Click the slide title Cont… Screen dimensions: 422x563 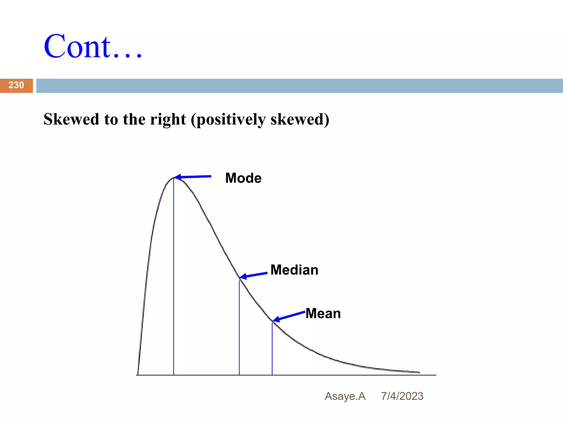[93, 47]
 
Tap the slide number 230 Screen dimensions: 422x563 [16, 85]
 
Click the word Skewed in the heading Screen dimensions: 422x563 [71, 120]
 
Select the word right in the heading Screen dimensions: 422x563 [168, 120]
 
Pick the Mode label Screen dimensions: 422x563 [243, 178]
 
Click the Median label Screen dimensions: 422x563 [294, 270]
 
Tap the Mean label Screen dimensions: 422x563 [323, 313]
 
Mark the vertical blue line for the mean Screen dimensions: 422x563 [272, 349]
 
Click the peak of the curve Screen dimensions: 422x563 [173, 178]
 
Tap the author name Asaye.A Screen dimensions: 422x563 [345, 396]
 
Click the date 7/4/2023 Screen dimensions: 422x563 [402, 396]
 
